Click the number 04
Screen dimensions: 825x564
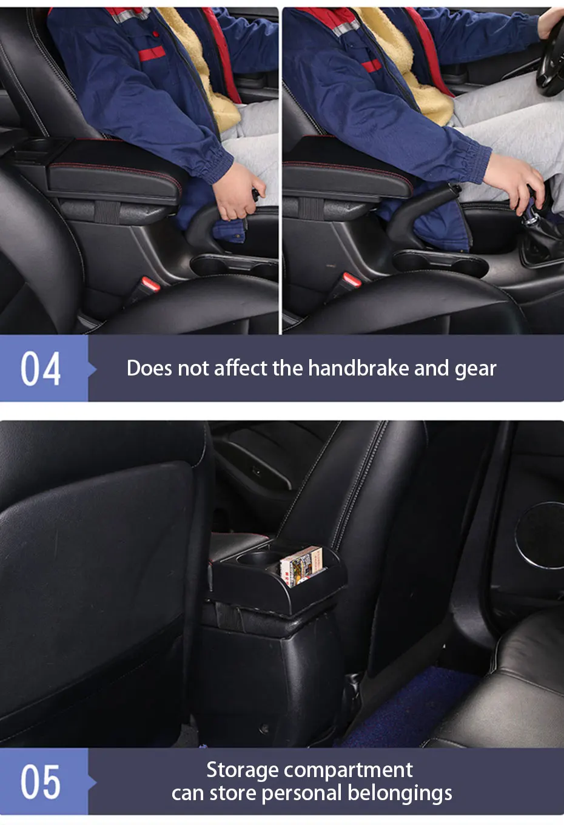tap(41, 368)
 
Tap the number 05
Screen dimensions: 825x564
tap(41, 781)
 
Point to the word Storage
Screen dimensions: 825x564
tap(242, 770)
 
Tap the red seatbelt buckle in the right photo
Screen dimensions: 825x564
tap(351, 280)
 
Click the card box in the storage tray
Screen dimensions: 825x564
tap(301, 567)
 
